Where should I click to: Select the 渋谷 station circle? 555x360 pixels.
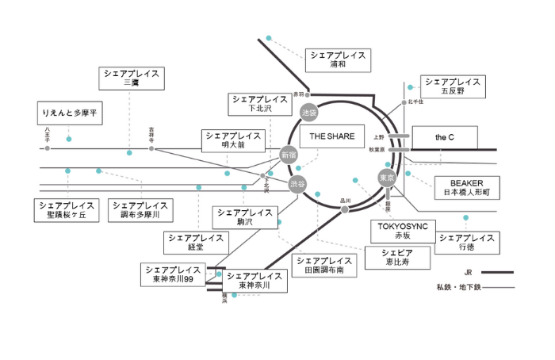297,186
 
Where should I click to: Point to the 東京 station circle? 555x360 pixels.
386,177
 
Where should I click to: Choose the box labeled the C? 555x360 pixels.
445,137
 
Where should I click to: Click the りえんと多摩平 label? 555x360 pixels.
71,114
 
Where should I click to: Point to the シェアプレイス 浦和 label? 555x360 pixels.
338,59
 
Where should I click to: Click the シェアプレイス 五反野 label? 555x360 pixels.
452,86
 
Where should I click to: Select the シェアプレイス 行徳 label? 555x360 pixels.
467,243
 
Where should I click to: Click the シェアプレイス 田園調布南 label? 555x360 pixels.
323,265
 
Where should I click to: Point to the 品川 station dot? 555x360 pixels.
345,209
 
